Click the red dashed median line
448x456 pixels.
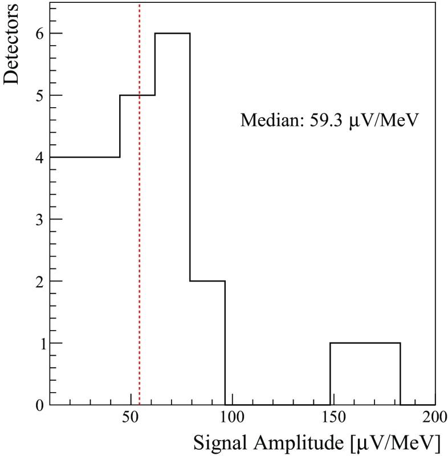click(140, 228)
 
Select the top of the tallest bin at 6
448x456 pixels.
click(172, 34)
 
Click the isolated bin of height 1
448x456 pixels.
click(365, 373)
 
